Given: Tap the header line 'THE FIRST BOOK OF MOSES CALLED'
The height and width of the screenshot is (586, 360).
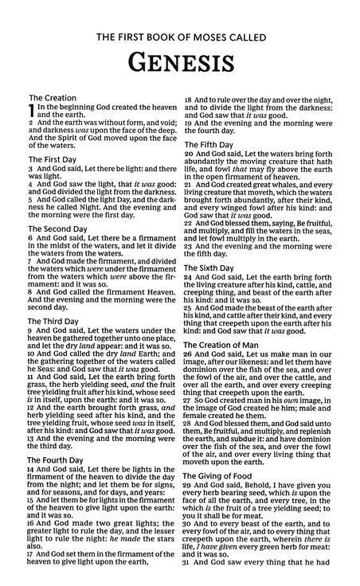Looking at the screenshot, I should tap(180, 36).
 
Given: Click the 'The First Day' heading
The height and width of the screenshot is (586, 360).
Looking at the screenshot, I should tap(55, 159).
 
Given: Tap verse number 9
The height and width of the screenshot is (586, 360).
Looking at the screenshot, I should tap(30, 330).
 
